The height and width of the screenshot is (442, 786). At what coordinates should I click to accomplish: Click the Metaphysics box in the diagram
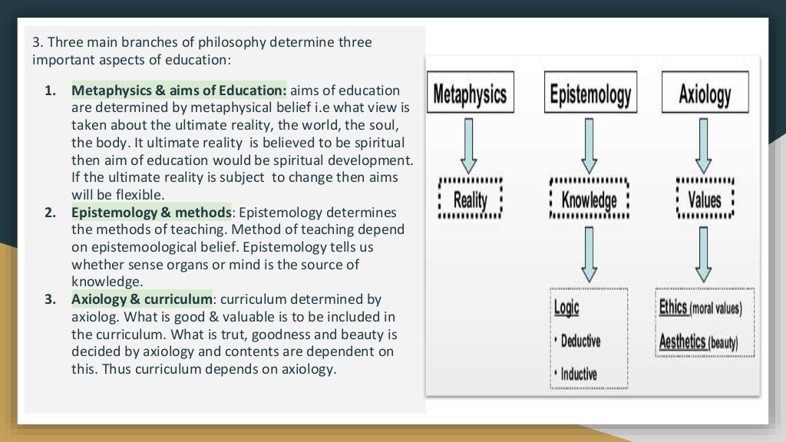tap(470, 94)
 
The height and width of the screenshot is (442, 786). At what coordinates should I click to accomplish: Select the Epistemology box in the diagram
tap(589, 94)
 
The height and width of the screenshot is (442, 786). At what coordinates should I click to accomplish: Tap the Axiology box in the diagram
tap(705, 94)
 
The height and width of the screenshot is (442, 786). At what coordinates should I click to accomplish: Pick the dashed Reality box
tap(470, 200)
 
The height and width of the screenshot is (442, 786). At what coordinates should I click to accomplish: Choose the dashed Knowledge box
tap(589, 200)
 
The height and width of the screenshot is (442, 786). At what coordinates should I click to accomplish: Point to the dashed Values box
tap(705, 200)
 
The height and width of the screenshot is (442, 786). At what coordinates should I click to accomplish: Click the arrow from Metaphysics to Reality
tap(470, 145)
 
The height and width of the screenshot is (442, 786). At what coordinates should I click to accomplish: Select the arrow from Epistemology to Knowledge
tap(589, 145)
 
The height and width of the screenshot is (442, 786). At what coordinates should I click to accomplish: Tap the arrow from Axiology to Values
tap(705, 145)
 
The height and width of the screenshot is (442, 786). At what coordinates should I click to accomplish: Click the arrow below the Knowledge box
tap(589, 254)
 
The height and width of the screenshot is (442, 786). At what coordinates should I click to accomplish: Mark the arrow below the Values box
tap(705, 254)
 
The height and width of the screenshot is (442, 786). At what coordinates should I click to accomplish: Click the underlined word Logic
tap(566, 308)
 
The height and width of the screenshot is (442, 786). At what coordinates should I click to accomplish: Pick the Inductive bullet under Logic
tap(579, 374)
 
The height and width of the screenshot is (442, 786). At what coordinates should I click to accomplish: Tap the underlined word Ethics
tap(673, 307)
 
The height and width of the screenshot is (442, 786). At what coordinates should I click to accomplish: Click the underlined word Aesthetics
tap(682, 341)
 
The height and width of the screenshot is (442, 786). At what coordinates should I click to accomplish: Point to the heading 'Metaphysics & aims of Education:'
tap(179, 91)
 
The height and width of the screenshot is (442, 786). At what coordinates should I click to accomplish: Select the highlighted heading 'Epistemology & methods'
tap(151, 212)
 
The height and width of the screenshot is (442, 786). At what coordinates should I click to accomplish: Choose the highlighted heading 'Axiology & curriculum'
tap(142, 299)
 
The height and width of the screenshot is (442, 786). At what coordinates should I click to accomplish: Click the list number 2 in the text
tap(49, 212)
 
